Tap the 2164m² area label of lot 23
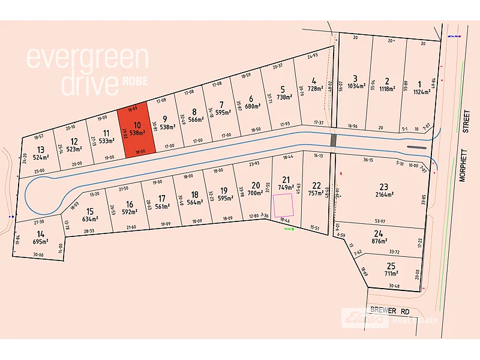(384, 194)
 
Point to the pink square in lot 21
(283, 206)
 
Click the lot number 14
(41, 233)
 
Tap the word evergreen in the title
(87, 58)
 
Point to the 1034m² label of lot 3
(355, 86)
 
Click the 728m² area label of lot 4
(314, 88)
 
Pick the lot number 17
(161, 198)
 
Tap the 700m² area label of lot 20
(255, 193)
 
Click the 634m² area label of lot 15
(91, 218)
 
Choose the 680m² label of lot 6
(251, 106)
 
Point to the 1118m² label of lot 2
(387, 88)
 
